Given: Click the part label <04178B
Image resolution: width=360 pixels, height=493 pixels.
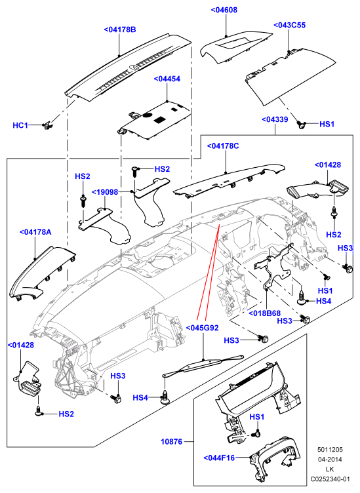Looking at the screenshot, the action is point(120,30).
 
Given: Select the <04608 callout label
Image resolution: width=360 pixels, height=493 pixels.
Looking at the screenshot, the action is point(224,10).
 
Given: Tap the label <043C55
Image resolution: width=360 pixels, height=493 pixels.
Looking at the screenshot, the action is point(289,25).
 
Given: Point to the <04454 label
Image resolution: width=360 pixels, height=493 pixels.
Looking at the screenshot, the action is point(167,79).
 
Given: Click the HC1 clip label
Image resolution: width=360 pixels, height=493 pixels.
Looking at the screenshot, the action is point(20,125).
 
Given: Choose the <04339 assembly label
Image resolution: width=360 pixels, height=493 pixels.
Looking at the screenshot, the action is point(275,119).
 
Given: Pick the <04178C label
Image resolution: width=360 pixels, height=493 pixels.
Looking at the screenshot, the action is point(222,146).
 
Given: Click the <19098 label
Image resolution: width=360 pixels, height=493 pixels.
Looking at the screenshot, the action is point(105,192).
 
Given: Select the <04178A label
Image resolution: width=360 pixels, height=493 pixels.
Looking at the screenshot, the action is point(35,232).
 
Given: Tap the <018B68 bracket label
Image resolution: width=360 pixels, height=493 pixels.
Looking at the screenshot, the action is point(264,313).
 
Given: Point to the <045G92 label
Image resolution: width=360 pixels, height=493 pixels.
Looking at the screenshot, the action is point(202,328).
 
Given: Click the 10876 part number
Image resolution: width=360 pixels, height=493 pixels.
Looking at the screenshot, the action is point(171,441).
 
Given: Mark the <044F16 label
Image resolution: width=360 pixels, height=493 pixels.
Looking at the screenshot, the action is point(219,458).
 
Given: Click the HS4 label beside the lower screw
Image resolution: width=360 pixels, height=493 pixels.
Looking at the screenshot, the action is point(140,398).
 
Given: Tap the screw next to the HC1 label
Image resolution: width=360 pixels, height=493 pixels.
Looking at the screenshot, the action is point(48,126).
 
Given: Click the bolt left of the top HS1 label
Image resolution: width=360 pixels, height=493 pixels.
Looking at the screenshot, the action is point(302,125).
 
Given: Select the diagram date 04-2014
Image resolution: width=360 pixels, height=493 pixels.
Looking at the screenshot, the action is point(330,460).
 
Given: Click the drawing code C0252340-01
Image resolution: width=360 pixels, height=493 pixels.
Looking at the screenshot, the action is point(330,479).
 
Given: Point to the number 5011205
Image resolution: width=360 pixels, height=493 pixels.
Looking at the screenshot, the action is point(330,450).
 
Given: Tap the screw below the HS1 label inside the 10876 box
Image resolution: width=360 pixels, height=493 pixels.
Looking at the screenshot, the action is point(256,434).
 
